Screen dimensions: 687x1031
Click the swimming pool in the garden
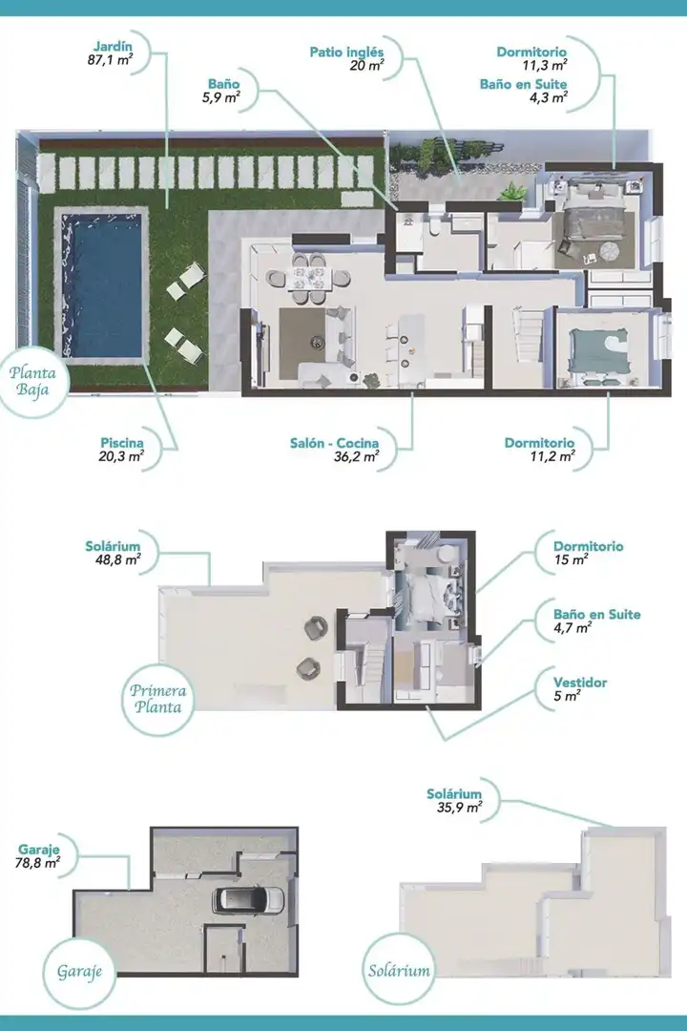click(x=101, y=285)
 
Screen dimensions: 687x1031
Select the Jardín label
click(x=114, y=46)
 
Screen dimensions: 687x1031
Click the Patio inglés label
click(x=346, y=52)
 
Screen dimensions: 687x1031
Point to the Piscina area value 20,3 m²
click(x=121, y=456)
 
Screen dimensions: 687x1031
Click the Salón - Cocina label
click(x=334, y=443)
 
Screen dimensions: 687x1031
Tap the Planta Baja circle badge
click(x=32, y=381)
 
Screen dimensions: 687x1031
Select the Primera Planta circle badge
click(x=157, y=699)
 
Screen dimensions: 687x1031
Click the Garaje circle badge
click(x=79, y=971)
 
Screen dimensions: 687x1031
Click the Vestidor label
click(x=580, y=683)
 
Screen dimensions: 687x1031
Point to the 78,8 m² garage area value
click(x=37, y=863)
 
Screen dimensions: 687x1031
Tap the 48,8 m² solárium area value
click(x=117, y=560)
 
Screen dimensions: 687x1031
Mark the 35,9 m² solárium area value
click(x=460, y=808)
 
